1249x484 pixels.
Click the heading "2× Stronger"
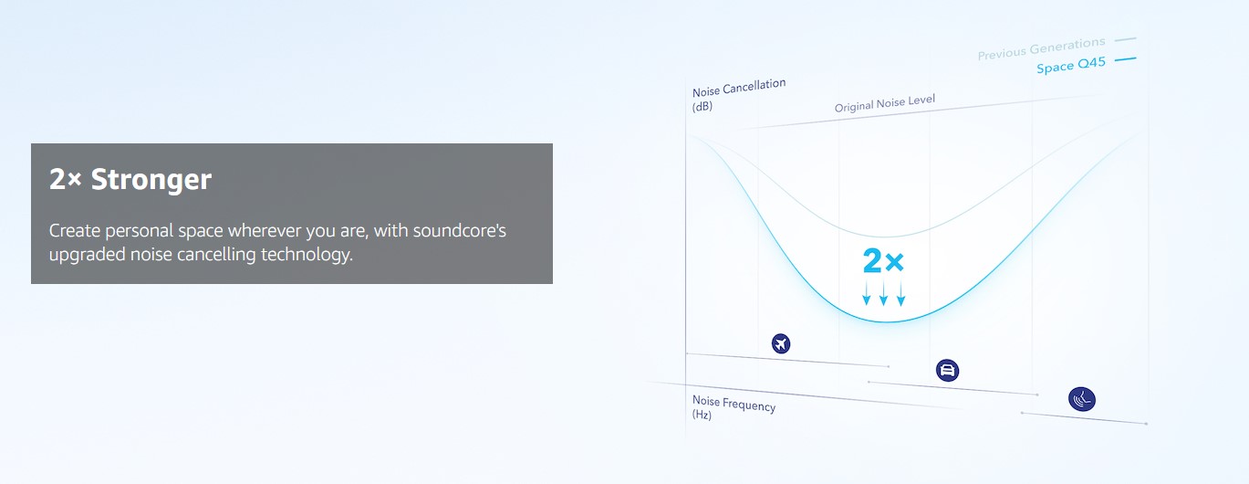pyautogui.click(x=130, y=179)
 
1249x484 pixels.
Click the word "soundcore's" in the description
pyautogui.click(x=460, y=230)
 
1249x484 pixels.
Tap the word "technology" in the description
pyautogui.click(x=307, y=255)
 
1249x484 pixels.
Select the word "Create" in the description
pyautogui.click(x=74, y=230)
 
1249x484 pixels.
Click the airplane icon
pyautogui.click(x=781, y=343)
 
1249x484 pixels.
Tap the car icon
pyautogui.click(x=947, y=370)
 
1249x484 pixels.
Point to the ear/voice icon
pyautogui.click(x=1082, y=399)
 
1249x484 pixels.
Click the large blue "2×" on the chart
pyautogui.click(x=883, y=260)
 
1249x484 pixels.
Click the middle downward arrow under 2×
pyautogui.click(x=883, y=293)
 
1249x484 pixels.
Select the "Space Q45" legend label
pyautogui.click(x=1070, y=65)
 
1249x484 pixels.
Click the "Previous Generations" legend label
pyautogui.click(x=1041, y=48)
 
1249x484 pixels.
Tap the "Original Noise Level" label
pyautogui.click(x=884, y=103)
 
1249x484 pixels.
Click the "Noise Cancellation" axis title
pyautogui.click(x=739, y=88)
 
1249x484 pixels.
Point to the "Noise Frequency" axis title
pyautogui.click(x=734, y=403)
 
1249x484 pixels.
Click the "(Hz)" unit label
pyautogui.click(x=702, y=415)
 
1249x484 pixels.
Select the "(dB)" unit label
pyautogui.click(x=702, y=106)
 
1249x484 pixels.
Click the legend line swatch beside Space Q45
pyautogui.click(x=1125, y=59)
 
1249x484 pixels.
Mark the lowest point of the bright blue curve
pyautogui.click(x=886, y=322)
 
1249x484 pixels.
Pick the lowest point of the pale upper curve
pyautogui.click(x=886, y=237)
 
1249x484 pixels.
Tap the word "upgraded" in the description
pyautogui.click(x=87, y=255)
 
